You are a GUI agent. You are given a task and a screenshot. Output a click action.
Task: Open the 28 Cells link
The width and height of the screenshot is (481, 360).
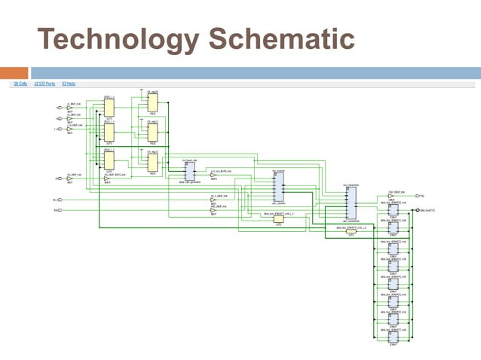pyautogui.click(x=20, y=84)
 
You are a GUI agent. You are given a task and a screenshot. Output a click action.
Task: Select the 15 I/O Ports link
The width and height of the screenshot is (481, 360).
pyautogui.click(x=44, y=84)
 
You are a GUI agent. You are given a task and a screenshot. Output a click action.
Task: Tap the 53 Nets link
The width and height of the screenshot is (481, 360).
pyautogui.click(x=69, y=84)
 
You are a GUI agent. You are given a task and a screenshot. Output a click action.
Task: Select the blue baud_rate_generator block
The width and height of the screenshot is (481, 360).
pyautogui.click(x=188, y=172)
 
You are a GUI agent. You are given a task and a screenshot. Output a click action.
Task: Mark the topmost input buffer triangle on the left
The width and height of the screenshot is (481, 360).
pyautogui.click(x=69, y=108)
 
